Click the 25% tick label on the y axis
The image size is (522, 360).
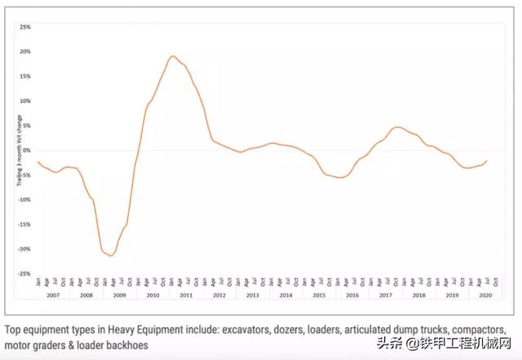click(24, 27)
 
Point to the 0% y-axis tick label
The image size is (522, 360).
click(26, 150)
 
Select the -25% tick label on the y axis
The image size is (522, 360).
click(24, 273)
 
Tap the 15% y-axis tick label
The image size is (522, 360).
click(24, 76)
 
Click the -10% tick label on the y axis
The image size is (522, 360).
click(24, 199)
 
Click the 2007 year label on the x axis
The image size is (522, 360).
click(54, 294)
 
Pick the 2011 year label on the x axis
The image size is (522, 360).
click(187, 294)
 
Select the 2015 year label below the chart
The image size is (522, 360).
click(320, 294)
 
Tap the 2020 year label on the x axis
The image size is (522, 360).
click(486, 294)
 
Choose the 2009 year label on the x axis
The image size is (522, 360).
click(120, 294)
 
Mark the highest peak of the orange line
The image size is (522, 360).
click(173, 56)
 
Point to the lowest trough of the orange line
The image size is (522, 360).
click(110, 256)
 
